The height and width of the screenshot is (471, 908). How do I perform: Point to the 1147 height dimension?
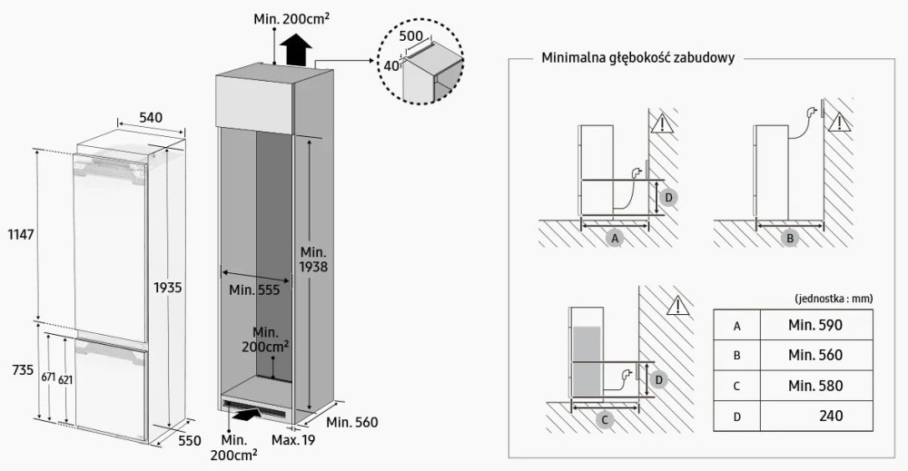19,234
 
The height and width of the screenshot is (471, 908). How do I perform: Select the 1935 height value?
169,287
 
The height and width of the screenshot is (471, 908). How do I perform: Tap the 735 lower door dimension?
19,371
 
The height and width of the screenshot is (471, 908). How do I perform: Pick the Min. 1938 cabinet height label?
311,258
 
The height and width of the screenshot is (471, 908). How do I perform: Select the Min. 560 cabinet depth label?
351,422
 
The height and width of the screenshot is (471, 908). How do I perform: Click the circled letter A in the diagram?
616,238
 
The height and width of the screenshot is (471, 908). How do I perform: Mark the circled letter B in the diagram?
790,238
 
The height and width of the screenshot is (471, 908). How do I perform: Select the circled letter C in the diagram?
604,419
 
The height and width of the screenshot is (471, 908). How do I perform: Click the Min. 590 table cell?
815,325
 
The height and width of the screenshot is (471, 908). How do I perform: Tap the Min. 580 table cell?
815,386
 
